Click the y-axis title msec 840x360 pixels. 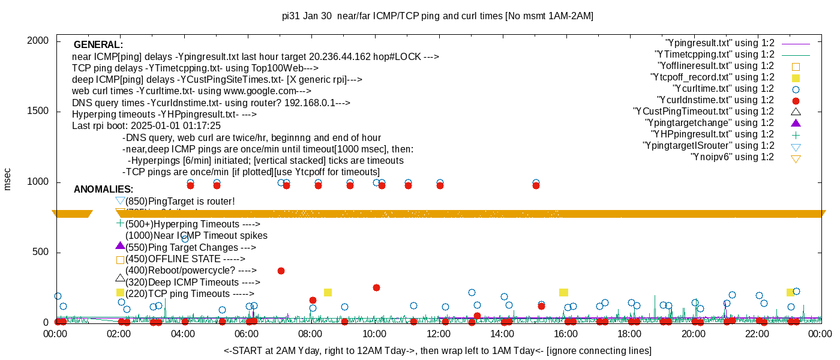click(x=8, y=179)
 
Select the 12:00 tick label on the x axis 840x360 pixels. click(x=438, y=335)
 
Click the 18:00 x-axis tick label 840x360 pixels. click(x=629, y=335)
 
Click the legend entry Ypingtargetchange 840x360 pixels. click(x=710, y=122)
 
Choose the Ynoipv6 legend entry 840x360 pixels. click(x=732, y=157)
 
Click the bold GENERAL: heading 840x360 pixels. click(x=98, y=45)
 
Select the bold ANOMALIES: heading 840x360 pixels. click(x=103, y=190)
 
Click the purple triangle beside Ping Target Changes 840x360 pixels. click(x=120, y=246)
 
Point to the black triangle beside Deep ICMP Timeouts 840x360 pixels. click(x=120, y=278)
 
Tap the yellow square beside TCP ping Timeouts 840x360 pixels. click(x=120, y=292)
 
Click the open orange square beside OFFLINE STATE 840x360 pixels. click(x=120, y=260)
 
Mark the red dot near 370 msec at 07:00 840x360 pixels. click(x=281, y=271)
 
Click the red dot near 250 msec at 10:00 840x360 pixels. click(x=376, y=287)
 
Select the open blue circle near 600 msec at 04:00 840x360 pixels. click(x=185, y=238)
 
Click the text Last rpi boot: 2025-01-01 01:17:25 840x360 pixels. click(x=146, y=126)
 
